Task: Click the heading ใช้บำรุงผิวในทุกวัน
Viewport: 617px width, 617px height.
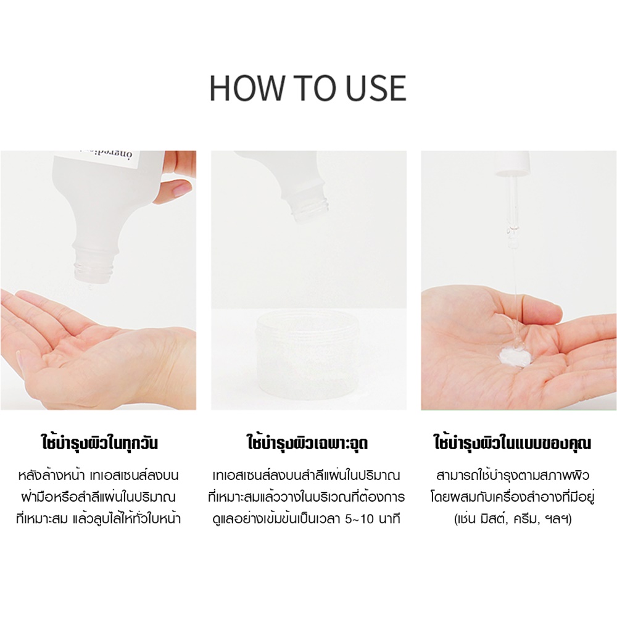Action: coord(99,442)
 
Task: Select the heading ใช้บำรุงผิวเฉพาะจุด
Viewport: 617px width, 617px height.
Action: coord(308,442)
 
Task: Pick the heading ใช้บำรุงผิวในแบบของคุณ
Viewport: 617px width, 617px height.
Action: coord(512,442)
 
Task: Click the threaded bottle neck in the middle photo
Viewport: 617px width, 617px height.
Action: coord(310,205)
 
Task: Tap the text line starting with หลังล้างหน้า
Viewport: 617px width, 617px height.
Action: coord(98,475)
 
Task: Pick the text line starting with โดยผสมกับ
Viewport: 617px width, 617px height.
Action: coord(512,497)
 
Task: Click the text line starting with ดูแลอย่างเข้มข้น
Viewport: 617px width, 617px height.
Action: coord(306,519)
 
